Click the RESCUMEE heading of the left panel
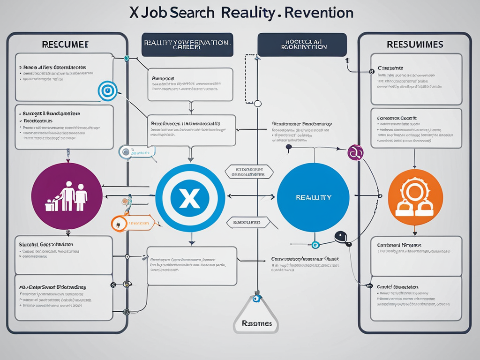[66, 45]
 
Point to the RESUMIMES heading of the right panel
[414, 45]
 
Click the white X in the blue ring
[190, 198]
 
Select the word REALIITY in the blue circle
[313, 197]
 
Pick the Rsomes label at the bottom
[255, 323]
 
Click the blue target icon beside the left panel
[107, 90]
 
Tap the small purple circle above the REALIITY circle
[355, 152]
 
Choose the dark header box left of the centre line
[187, 45]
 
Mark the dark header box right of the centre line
[302, 45]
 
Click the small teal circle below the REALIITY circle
[315, 244]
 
